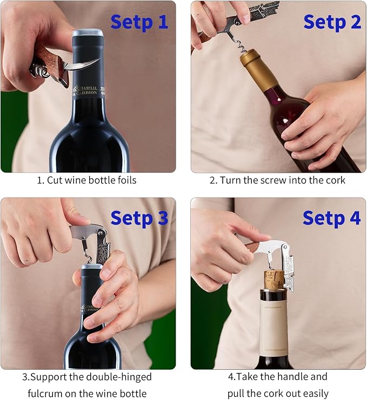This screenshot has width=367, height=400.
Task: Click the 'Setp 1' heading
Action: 139,22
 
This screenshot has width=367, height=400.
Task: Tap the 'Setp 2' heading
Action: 332,22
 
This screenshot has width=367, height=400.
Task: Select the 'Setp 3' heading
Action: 139,218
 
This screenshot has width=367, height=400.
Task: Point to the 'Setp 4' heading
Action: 331,218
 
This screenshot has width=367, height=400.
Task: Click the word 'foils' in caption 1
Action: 125,180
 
